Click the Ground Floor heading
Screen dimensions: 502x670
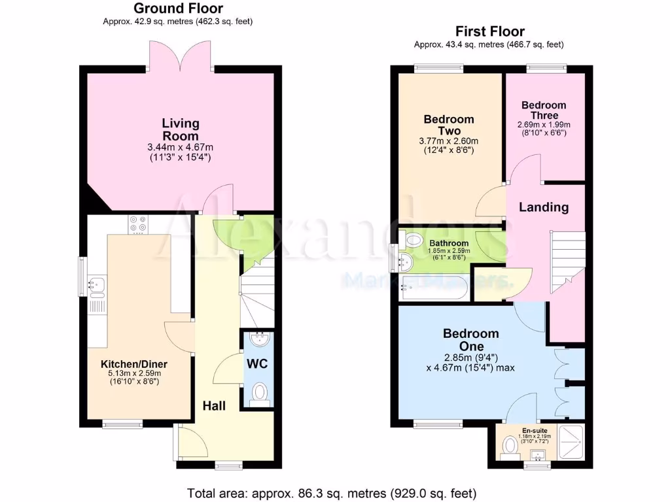(x=177, y=8)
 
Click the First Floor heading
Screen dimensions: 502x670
(x=489, y=31)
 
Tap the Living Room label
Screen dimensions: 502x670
(x=181, y=129)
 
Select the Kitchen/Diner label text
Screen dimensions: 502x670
(x=134, y=364)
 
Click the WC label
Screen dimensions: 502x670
(x=257, y=363)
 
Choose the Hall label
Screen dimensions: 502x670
(x=213, y=406)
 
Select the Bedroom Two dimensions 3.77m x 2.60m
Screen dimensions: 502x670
(x=448, y=141)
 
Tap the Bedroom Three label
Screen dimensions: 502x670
(x=544, y=110)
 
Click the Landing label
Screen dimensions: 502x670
(x=544, y=207)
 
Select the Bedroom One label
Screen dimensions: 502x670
(x=470, y=339)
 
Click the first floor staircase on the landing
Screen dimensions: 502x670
(x=565, y=261)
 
